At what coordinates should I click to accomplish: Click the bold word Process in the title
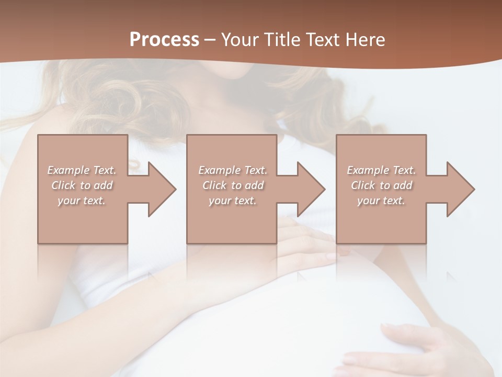click(x=164, y=39)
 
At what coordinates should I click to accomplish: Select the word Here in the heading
click(x=365, y=39)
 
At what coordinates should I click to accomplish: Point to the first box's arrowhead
click(x=159, y=189)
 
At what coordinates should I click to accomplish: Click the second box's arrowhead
click(x=309, y=189)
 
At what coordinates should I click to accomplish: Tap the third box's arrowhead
click(x=458, y=189)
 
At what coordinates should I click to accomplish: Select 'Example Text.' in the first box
click(x=82, y=170)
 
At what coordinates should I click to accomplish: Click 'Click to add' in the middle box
click(x=233, y=185)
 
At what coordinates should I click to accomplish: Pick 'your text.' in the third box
click(x=381, y=201)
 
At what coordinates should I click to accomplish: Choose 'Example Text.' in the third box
click(x=381, y=170)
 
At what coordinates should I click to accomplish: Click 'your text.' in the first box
click(x=82, y=201)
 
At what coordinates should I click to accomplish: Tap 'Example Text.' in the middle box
click(x=233, y=170)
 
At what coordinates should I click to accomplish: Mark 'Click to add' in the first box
click(x=82, y=185)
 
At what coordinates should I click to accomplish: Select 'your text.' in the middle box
click(x=233, y=201)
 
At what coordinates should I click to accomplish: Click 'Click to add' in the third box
click(x=381, y=185)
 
